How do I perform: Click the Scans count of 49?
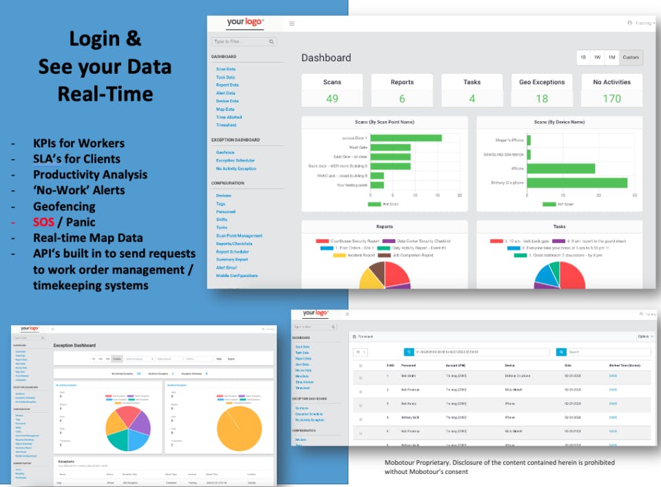332,99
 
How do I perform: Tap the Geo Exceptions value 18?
542,99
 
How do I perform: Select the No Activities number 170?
611,99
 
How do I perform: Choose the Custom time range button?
630,58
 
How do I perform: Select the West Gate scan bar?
390,147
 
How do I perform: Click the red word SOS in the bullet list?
43,222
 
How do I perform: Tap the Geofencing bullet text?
64,206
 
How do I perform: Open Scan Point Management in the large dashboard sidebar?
239,236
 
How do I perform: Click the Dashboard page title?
326,58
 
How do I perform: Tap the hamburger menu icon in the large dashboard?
292,23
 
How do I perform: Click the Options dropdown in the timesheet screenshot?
644,337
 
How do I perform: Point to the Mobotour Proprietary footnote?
499,467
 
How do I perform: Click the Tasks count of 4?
472,99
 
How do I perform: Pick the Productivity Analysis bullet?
90,174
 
